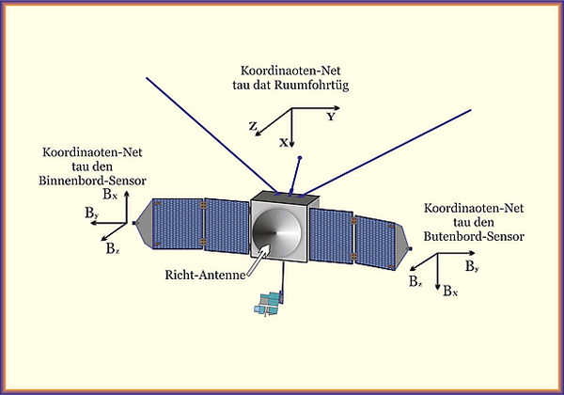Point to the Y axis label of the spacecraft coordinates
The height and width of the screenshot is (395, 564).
click(331, 118)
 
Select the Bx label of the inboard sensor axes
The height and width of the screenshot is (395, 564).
click(111, 195)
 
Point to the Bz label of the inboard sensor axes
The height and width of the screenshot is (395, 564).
click(113, 249)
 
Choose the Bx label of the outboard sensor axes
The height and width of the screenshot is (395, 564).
click(450, 292)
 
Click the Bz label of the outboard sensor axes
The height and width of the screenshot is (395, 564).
click(415, 281)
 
